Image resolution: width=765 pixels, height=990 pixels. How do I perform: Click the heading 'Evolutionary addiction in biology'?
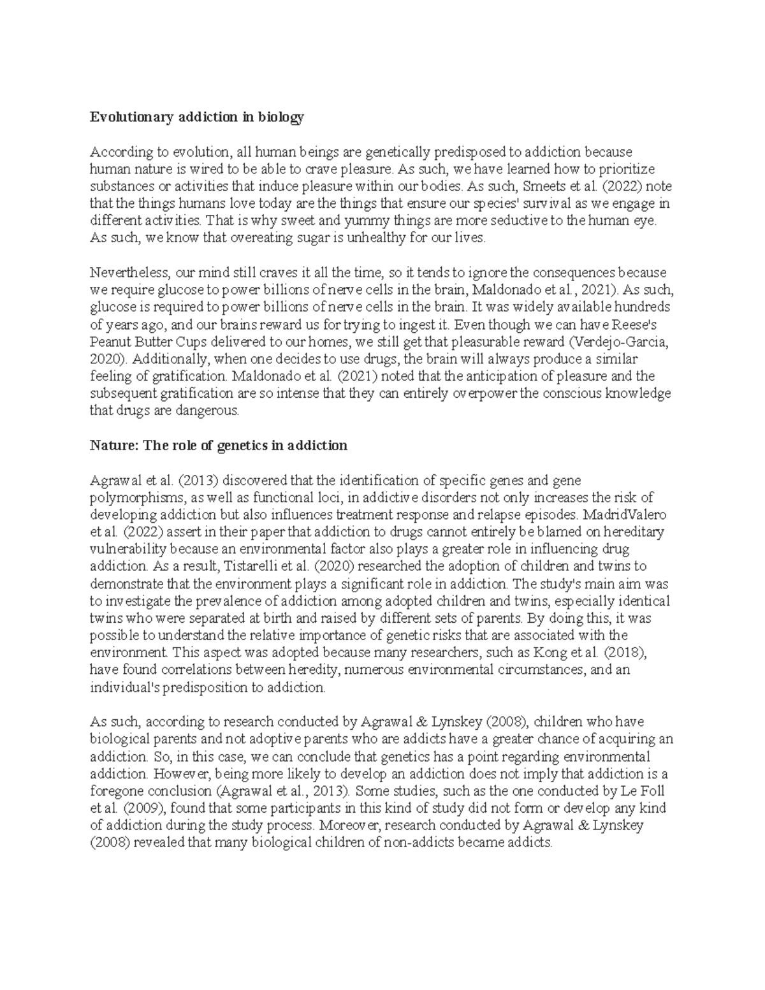[197, 117]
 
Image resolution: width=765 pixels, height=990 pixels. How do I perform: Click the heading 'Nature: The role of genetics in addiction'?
[219, 446]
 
